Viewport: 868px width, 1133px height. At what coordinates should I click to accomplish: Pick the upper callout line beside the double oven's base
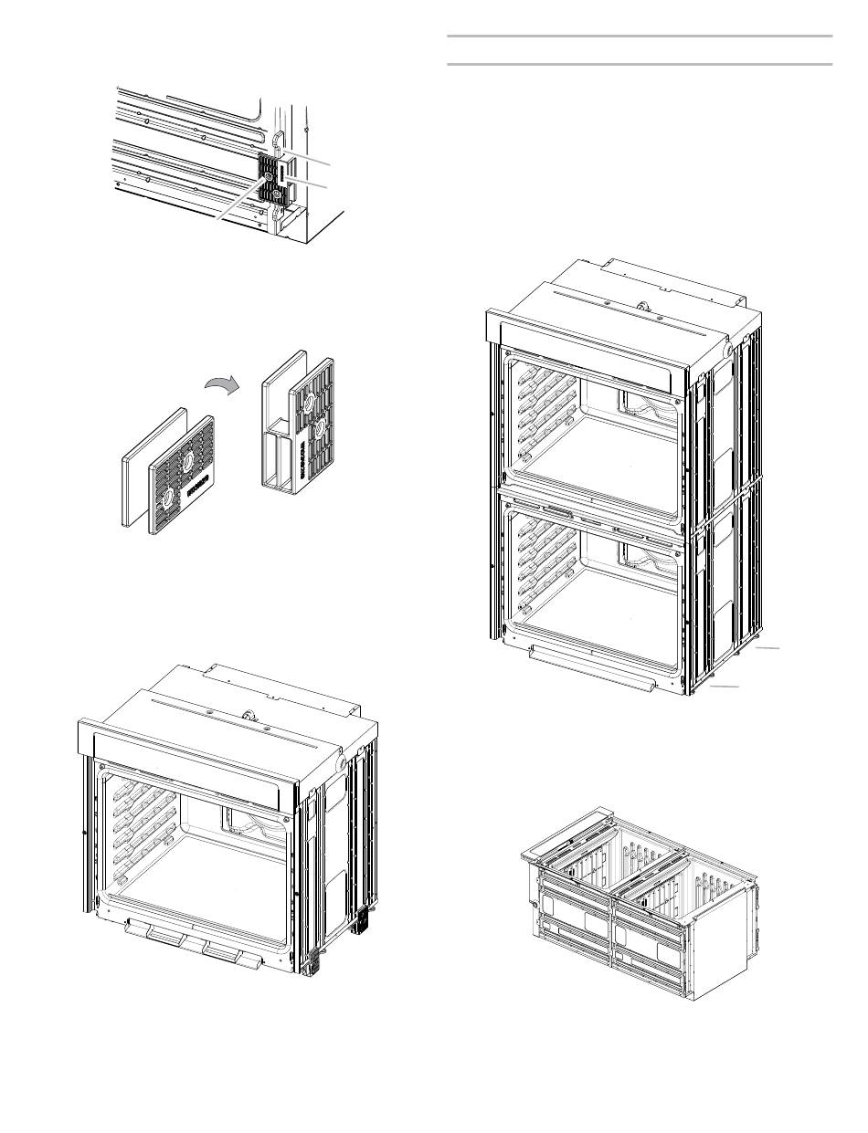pos(768,647)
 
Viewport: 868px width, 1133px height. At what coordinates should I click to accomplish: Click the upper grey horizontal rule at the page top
pos(640,37)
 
